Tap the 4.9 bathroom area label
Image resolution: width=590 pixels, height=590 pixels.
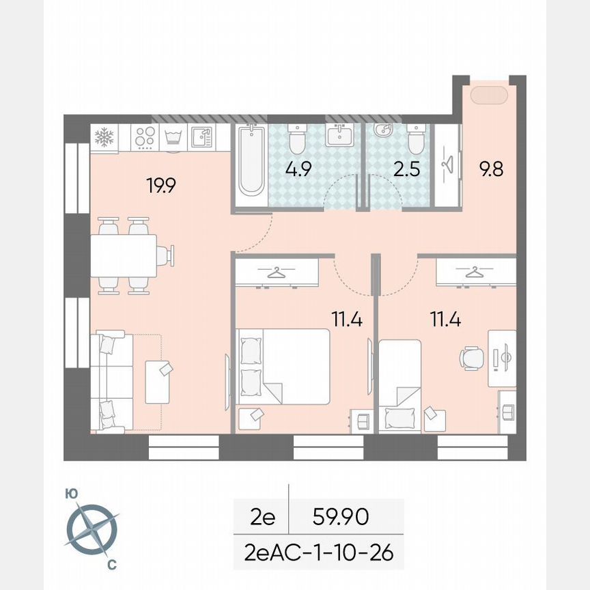(x=299, y=169)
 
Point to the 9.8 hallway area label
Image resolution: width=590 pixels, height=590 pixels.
(x=491, y=169)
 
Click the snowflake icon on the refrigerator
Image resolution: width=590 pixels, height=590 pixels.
(x=103, y=137)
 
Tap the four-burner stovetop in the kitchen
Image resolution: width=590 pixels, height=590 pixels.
(x=143, y=137)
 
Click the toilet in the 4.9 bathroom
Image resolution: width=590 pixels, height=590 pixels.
(x=298, y=139)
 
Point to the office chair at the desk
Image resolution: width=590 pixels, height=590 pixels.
(x=472, y=356)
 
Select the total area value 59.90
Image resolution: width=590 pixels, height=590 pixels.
(x=341, y=517)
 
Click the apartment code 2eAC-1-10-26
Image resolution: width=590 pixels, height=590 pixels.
(x=319, y=552)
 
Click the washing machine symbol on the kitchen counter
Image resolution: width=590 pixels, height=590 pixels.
(x=171, y=137)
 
